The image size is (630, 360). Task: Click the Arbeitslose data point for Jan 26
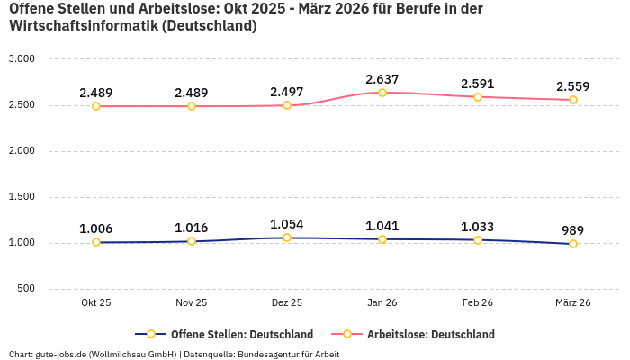click(382, 93)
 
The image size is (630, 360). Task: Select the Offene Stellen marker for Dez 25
click(287, 238)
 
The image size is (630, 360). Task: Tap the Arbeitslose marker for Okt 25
click(96, 106)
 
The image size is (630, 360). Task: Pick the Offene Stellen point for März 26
click(573, 244)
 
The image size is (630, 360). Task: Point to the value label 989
click(573, 230)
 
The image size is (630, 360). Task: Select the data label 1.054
click(287, 224)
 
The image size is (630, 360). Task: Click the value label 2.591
click(478, 84)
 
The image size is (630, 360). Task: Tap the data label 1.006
click(96, 229)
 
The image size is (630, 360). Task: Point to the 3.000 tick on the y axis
click(21, 58)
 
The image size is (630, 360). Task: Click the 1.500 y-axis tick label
click(21, 196)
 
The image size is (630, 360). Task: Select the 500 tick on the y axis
click(26, 289)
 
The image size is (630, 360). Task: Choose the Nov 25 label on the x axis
click(192, 303)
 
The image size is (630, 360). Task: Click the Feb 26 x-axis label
click(478, 303)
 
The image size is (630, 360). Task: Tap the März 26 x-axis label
click(573, 303)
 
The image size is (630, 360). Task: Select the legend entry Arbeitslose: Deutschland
click(430, 334)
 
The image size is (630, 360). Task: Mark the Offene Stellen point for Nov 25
click(192, 241)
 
